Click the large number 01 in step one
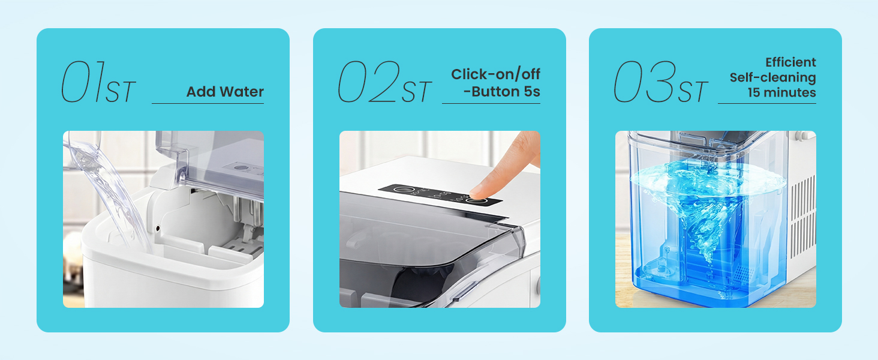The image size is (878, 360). coord(83,82)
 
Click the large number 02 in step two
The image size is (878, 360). coord(367,82)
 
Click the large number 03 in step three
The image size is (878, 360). coord(644,82)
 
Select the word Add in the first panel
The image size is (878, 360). coord(201,92)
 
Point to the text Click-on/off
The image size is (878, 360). coord(495,74)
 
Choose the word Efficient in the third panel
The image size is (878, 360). coord(790,62)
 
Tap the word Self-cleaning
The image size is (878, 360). coord(772,77)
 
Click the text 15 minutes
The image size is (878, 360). coord(781,93)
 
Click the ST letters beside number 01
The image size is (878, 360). coord(120,92)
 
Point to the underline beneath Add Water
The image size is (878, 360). coord(208,104)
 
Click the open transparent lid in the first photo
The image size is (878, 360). coord(210,162)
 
